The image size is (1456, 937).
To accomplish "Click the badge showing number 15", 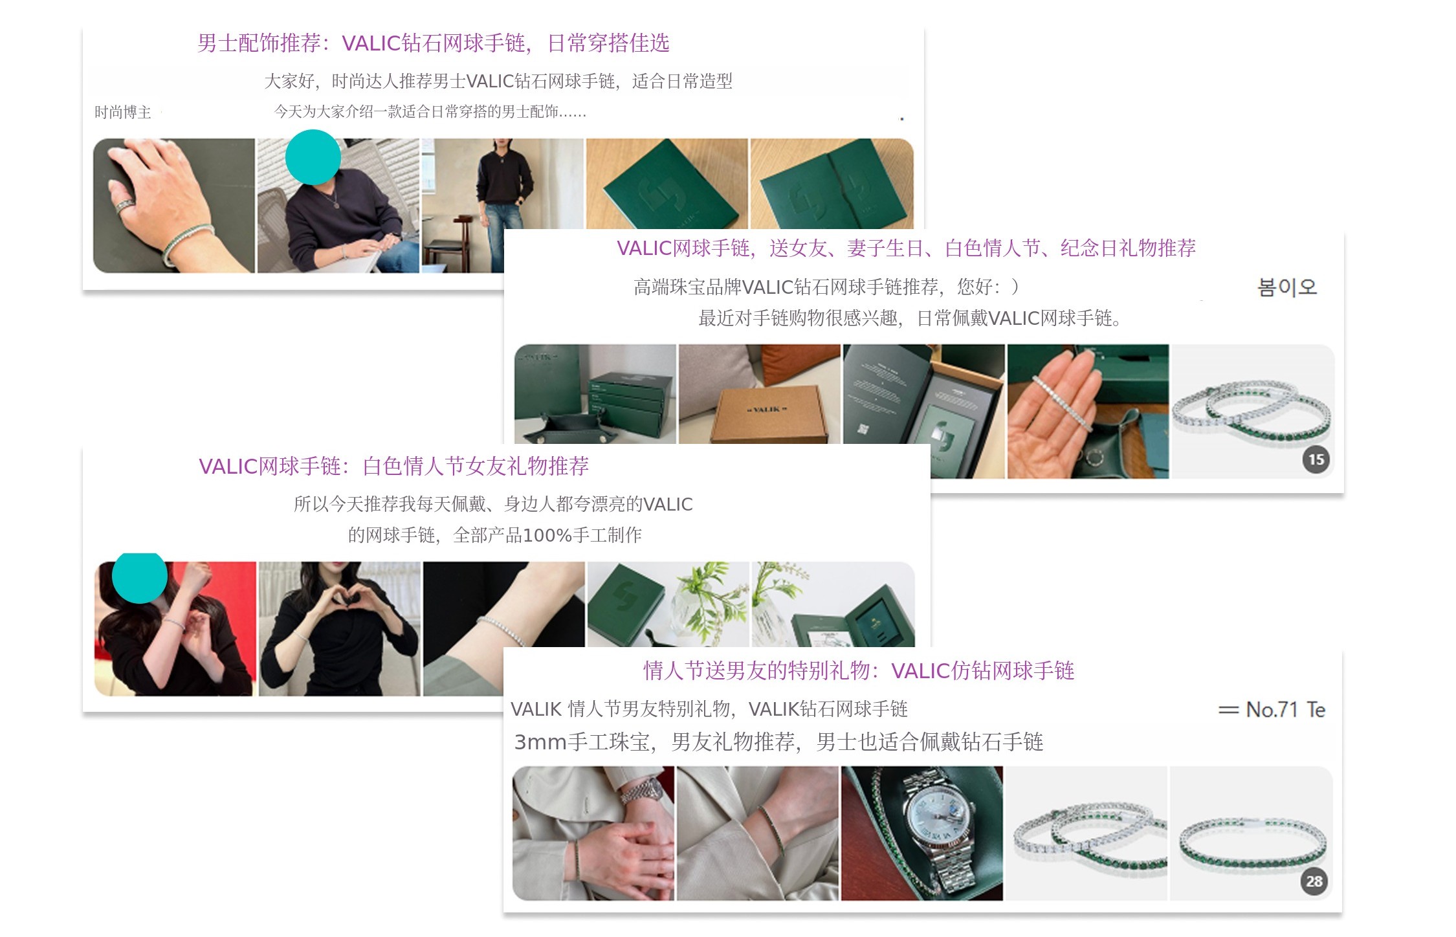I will (x=1316, y=459).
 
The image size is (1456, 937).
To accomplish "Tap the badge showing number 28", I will (x=1314, y=881).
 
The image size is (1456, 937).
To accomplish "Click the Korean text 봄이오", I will (x=1286, y=287).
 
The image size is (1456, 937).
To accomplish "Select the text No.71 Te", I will (x=1272, y=710).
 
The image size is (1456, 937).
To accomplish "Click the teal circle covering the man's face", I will (x=313, y=157).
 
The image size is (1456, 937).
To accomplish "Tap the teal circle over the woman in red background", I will (x=140, y=577).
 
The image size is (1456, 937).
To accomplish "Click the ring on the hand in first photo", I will (x=124, y=206).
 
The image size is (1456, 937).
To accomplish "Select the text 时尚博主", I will (x=122, y=113).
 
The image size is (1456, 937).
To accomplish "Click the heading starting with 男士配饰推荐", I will (x=433, y=43).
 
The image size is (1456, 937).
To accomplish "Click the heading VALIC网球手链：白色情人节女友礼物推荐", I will (x=393, y=466).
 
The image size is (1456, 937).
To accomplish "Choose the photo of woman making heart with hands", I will (x=340, y=628).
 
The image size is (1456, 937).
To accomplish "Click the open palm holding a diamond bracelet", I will (x=1061, y=414).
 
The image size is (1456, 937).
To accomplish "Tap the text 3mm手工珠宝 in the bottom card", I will (x=582, y=742).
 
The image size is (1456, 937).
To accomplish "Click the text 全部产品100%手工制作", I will (x=547, y=535).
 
